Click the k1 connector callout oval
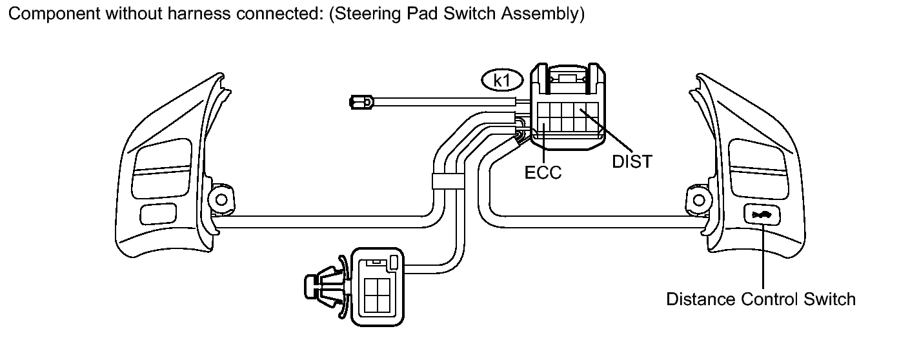(502, 81)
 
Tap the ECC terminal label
(543, 173)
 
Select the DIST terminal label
(632, 162)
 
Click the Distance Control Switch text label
(761, 299)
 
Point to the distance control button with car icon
(762, 214)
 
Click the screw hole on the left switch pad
(221, 200)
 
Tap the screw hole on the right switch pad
(699, 201)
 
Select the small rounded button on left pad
(158, 214)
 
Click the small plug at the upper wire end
(361, 102)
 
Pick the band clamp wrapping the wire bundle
(448, 181)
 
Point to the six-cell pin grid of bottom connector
(378, 295)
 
